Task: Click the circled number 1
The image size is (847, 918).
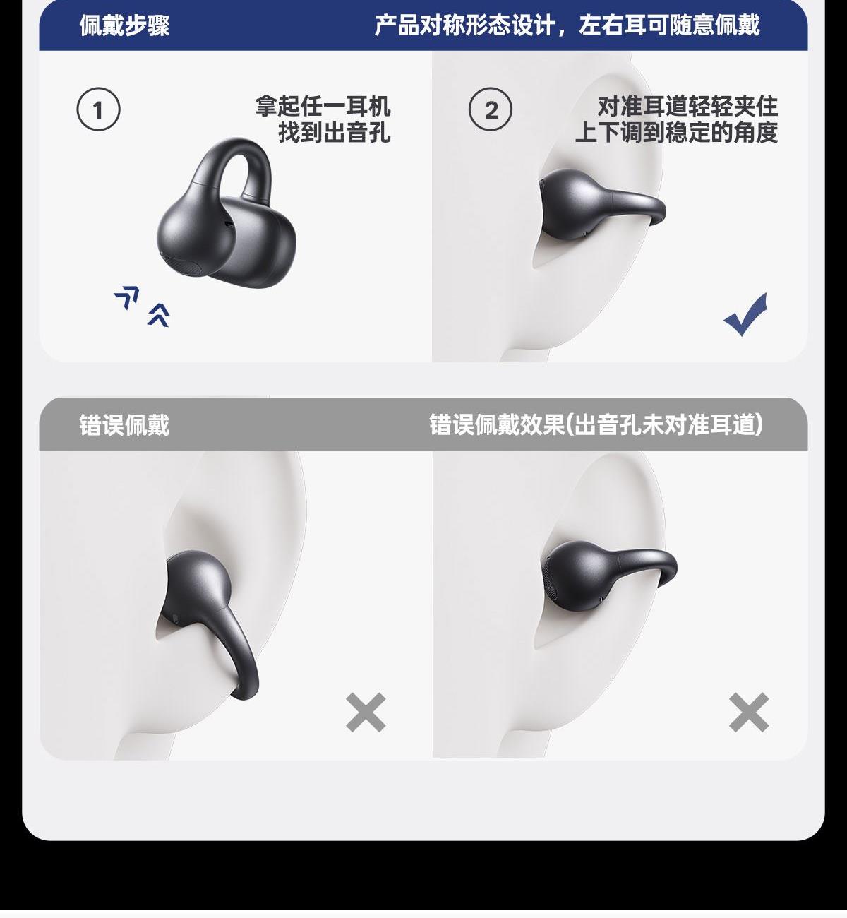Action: pyautogui.click(x=98, y=109)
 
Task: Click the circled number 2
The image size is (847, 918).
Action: pyautogui.click(x=491, y=109)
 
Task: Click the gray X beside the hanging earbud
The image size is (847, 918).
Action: pyautogui.click(x=366, y=713)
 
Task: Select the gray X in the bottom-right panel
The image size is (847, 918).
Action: pyautogui.click(x=749, y=713)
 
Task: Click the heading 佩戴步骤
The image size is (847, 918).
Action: pyautogui.click(x=124, y=25)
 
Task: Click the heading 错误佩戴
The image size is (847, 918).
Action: pyautogui.click(x=124, y=425)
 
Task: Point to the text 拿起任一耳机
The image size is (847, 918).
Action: pyautogui.click(x=323, y=107)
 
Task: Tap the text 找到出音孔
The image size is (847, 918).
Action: pyautogui.click(x=334, y=132)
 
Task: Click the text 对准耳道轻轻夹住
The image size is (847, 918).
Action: pyautogui.click(x=687, y=107)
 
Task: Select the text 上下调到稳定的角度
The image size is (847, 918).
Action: pyautogui.click(x=676, y=132)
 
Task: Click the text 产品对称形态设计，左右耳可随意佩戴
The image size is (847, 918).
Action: pyautogui.click(x=567, y=25)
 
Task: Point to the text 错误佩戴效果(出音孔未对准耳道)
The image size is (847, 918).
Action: pyautogui.click(x=596, y=425)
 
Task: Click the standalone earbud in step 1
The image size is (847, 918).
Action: pyautogui.click(x=227, y=213)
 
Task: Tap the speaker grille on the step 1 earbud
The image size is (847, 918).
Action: pyautogui.click(x=183, y=266)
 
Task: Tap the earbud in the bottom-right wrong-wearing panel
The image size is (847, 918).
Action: pyautogui.click(x=608, y=576)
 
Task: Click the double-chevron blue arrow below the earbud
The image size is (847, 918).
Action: pyautogui.click(x=159, y=315)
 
